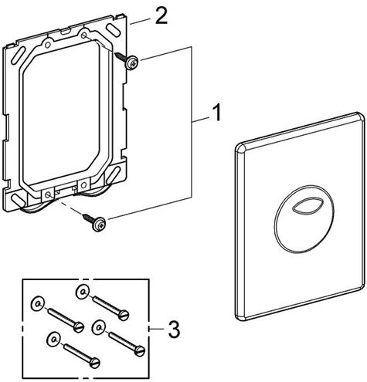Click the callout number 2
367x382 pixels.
click(161, 16)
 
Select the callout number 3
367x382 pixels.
click(174, 330)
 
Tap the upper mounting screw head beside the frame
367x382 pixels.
click(132, 63)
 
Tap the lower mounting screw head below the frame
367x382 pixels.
click(100, 225)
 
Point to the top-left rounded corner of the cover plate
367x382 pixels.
click(240, 147)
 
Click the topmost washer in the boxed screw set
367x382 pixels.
click(83, 292)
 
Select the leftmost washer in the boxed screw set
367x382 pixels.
click(38, 304)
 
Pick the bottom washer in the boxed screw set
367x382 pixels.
click(53, 339)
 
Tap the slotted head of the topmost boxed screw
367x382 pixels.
click(124, 315)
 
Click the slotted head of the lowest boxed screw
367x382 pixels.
click(94, 363)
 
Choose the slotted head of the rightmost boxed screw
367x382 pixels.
click(140, 351)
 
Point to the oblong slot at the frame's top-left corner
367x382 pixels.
click(17, 56)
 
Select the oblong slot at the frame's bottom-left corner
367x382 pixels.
click(19, 199)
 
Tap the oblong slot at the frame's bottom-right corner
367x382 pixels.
click(114, 174)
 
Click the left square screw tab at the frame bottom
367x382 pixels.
click(48, 194)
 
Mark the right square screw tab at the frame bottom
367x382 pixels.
click(83, 184)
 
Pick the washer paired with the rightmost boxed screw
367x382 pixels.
click(99, 327)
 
